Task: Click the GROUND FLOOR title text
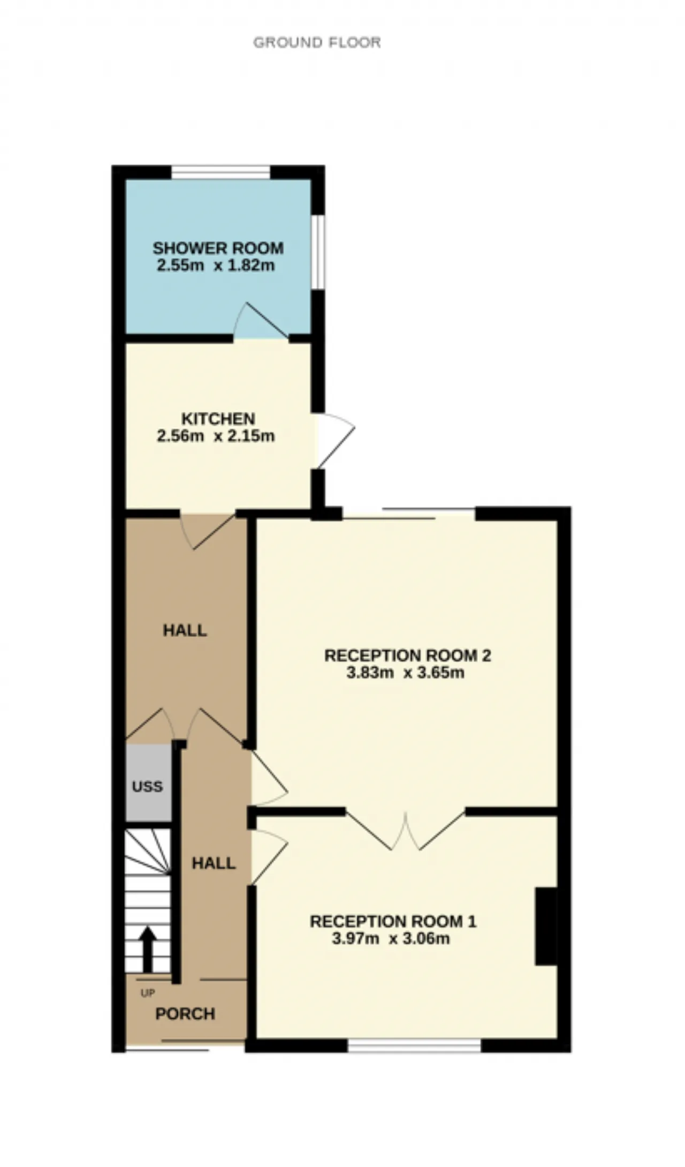click(x=317, y=42)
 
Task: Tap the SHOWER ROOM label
click(x=218, y=248)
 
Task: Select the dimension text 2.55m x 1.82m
click(x=216, y=265)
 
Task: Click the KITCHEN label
click(x=218, y=418)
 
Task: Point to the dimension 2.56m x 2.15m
click(x=216, y=435)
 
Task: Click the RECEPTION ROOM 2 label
click(x=408, y=656)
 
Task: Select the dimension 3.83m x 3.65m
click(x=405, y=673)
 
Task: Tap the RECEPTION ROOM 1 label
click(x=393, y=921)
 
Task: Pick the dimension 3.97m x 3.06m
click(x=391, y=938)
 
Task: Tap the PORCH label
click(x=185, y=1013)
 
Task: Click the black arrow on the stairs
click(x=148, y=950)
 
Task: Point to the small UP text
click(x=147, y=993)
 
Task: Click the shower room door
click(x=261, y=321)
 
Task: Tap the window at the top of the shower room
click(x=220, y=172)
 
